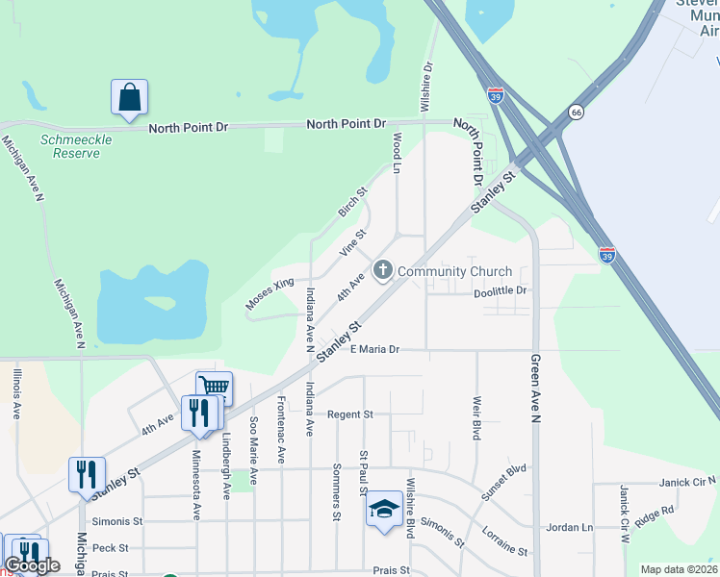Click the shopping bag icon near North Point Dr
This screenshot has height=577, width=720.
pyautogui.click(x=129, y=98)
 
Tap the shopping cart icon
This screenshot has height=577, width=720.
pyautogui.click(x=215, y=388)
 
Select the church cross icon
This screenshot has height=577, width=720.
pyautogui.click(x=383, y=270)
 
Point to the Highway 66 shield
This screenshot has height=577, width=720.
pyautogui.click(x=577, y=112)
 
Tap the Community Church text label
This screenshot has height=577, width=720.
pyautogui.click(x=454, y=271)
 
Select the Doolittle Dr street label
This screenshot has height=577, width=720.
pyautogui.click(x=501, y=290)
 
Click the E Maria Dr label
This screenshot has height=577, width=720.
pyautogui.click(x=374, y=350)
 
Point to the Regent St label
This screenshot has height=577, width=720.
pyautogui.click(x=349, y=414)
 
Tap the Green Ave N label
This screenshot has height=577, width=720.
pyautogui.click(x=536, y=389)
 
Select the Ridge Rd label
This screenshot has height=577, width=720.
pyautogui.click(x=655, y=516)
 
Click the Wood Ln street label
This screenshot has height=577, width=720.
pyautogui.click(x=396, y=152)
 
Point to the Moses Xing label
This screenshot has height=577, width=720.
pyautogui.click(x=269, y=295)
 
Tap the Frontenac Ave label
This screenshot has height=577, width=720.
pyautogui.click(x=281, y=429)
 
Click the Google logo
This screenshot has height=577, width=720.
pyautogui.click(x=33, y=566)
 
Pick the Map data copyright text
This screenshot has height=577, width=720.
pyautogui.click(x=679, y=569)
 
